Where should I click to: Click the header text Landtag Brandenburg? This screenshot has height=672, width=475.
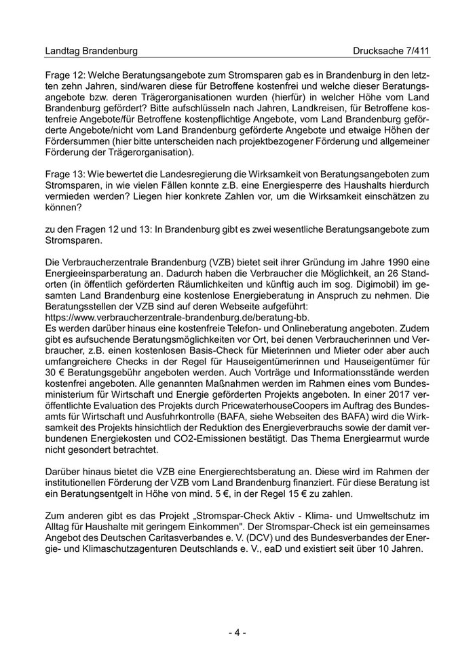coord(91,51)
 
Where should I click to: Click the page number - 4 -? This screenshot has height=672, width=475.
coord(237,633)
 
